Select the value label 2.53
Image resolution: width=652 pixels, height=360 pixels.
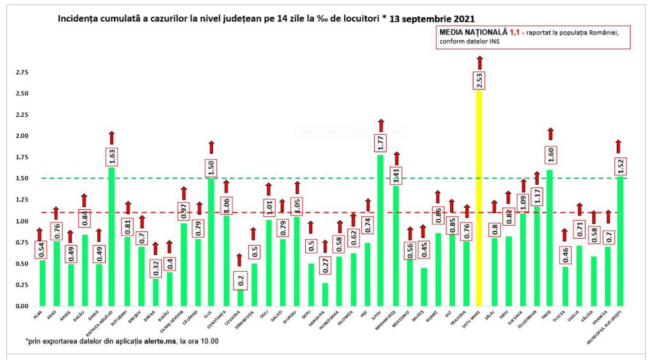coord(479,80)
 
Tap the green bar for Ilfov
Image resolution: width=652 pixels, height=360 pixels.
coord(381,230)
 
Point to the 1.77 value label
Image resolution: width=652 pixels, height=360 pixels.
coord(381,143)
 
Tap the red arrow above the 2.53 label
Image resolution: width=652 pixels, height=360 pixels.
coord(479,62)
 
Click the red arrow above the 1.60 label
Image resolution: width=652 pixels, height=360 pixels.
coord(550,134)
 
